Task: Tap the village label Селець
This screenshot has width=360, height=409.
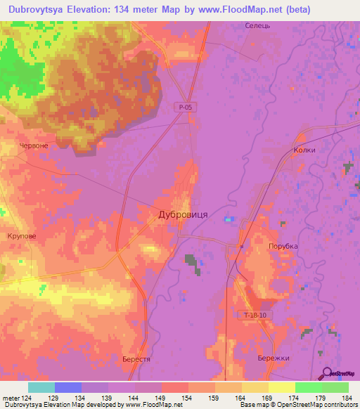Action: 257,26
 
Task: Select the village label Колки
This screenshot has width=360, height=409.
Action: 304,150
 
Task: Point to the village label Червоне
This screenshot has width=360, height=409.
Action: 34,145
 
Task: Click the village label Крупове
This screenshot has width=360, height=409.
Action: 21,237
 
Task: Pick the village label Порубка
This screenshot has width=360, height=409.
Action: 283,247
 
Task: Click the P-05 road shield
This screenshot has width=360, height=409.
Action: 185,106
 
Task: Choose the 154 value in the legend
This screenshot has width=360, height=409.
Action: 188,397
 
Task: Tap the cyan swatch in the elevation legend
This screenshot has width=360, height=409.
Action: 41,387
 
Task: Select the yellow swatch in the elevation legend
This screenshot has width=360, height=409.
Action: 282,387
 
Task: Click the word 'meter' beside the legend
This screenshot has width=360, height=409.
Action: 11,397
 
